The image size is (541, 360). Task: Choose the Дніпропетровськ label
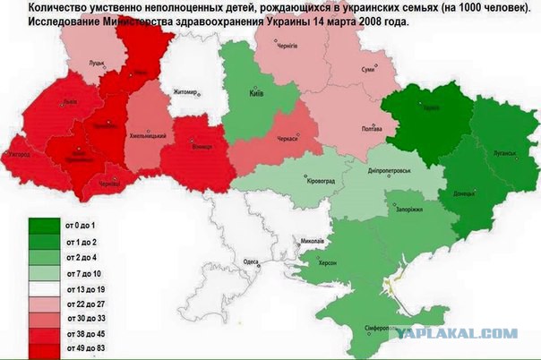coord(389,170)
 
